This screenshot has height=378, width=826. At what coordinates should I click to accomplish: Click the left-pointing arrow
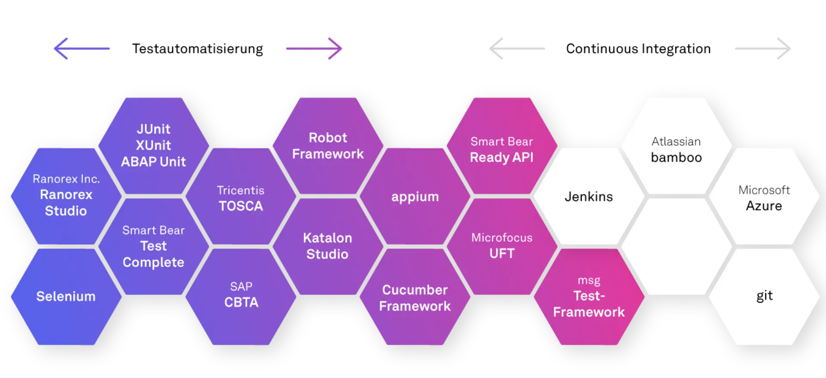[80, 48]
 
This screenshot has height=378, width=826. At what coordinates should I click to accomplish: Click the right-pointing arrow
[315, 48]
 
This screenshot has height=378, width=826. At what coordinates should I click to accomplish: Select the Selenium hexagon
[66, 297]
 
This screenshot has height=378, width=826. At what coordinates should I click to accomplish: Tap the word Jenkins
[589, 197]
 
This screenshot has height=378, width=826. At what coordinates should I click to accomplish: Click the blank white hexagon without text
[676, 246]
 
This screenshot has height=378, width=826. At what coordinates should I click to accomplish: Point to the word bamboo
[676, 157]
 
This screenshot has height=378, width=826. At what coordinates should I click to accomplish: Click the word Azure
[764, 206]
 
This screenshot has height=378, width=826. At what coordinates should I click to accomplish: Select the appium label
[415, 197]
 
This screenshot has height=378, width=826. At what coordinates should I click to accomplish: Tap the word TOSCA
[240, 206]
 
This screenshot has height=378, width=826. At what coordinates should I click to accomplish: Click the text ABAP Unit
[153, 162]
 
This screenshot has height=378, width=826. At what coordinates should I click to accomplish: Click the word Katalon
[327, 238]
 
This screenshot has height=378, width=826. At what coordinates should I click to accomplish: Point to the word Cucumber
[415, 290]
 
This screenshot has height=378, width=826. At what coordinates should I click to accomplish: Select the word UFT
[502, 253]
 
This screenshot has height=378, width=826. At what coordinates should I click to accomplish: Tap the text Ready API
[502, 157]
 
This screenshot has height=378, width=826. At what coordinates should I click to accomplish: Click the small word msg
[589, 280]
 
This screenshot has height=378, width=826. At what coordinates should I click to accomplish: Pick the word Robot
[328, 138]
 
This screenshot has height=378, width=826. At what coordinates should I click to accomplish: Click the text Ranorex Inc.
[66, 179]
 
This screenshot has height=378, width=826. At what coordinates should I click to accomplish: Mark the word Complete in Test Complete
[153, 262]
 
